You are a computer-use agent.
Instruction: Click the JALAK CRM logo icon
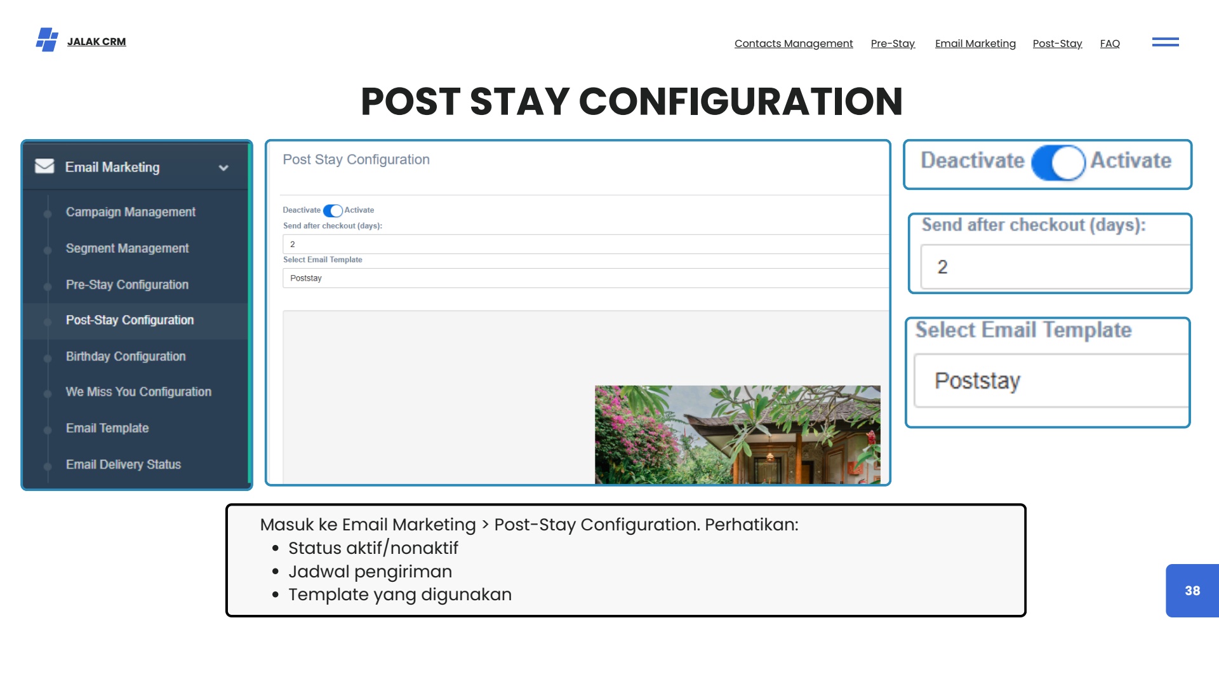coord(47,39)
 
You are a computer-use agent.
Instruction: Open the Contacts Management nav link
coord(794,43)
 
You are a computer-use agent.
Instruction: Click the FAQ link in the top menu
coord(1110,43)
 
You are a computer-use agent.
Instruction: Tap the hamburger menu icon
coord(1166,42)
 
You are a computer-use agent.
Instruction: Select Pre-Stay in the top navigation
coord(893,43)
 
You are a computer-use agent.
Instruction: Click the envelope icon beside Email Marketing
coord(44,166)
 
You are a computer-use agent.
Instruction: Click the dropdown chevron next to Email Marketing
coord(223,168)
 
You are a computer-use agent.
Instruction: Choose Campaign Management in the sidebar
coord(131,212)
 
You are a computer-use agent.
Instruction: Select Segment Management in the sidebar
coord(128,248)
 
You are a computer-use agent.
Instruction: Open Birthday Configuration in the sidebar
coord(126,356)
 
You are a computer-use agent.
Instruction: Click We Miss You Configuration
coord(138,392)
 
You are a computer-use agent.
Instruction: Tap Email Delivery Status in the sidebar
coord(123,464)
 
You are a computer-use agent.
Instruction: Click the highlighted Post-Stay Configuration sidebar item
coord(130,320)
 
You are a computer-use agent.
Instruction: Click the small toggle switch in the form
coord(333,210)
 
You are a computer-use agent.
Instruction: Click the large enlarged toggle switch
coord(1058,163)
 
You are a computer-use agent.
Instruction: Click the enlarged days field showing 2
coord(1055,267)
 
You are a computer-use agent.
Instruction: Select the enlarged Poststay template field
coord(1051,380)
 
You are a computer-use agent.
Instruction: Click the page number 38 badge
coord(1192,591)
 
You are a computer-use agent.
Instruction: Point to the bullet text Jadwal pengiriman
coord(370,572)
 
